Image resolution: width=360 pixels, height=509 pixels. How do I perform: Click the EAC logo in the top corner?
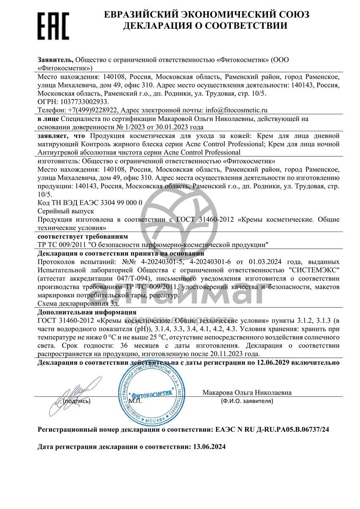click(53, 25)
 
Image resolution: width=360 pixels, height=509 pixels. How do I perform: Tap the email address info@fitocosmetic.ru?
click(236, 110)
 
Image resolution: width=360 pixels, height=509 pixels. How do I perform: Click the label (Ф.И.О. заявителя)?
click(247, 401)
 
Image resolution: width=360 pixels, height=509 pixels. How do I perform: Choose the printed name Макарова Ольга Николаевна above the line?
click(247, 392)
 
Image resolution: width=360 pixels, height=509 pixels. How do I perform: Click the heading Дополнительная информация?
click(87, 312)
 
